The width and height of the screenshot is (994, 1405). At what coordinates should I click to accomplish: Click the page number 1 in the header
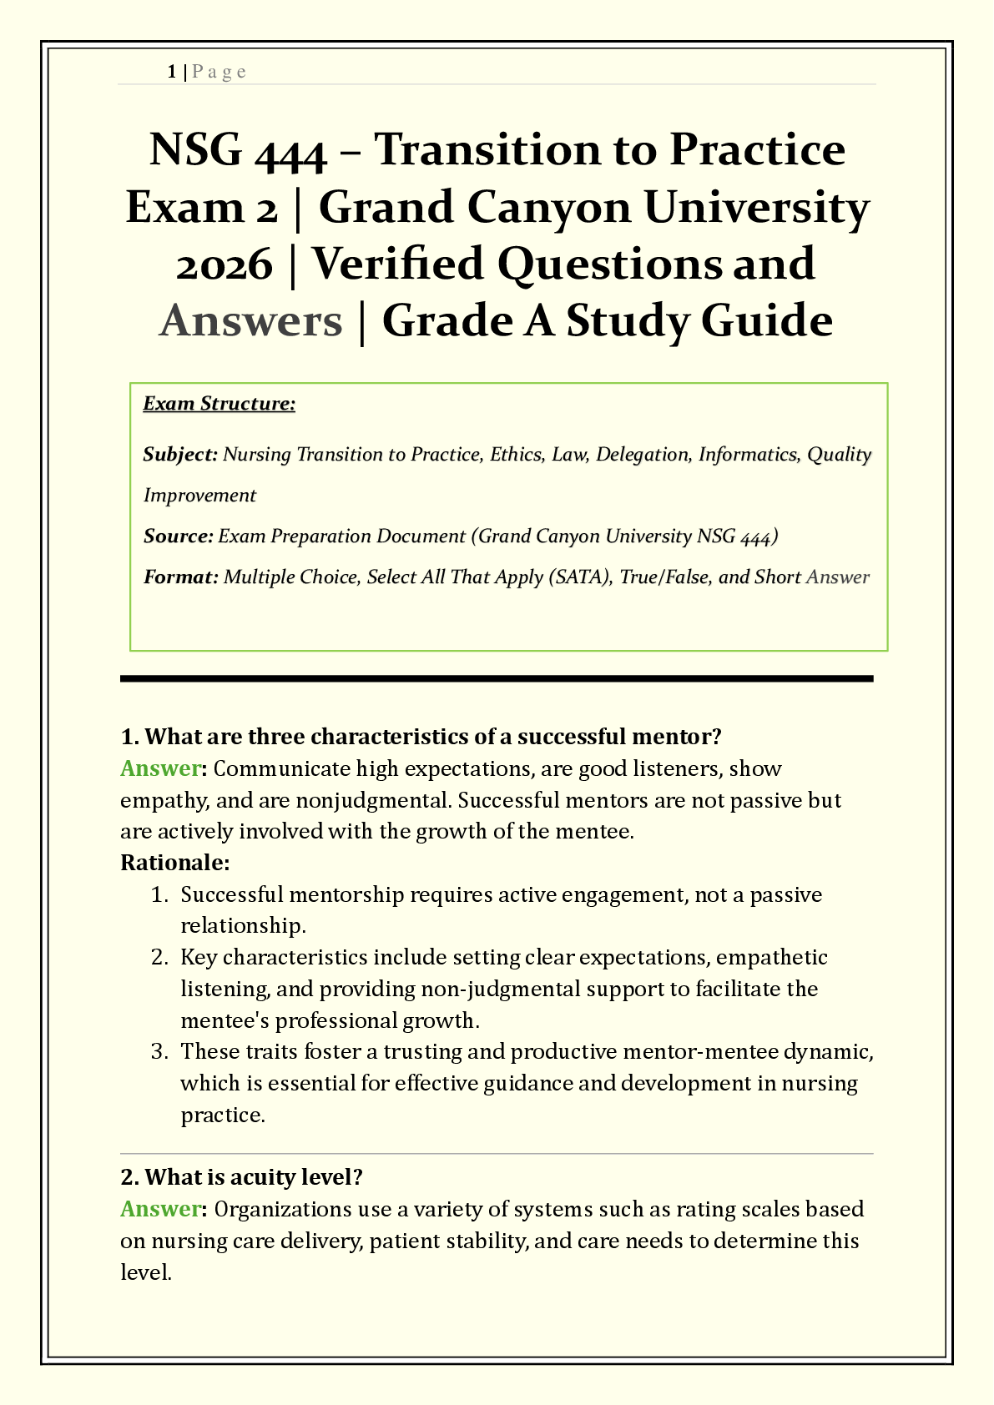[171, 72]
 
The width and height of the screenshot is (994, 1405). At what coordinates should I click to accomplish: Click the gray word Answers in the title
[250, 321]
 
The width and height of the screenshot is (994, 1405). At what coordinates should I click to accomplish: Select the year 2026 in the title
[225, 264]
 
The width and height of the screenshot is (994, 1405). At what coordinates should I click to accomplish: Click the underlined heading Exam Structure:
[219, 404]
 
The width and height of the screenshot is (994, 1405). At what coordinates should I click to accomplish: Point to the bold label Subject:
[180, 455]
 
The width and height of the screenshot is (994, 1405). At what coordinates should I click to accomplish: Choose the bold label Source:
[179, 536]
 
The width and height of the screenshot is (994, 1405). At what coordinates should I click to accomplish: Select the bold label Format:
[180, 577]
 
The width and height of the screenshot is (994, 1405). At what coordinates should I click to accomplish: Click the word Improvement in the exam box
[199, 496]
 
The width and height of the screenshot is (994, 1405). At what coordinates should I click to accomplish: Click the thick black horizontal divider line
[497, 679]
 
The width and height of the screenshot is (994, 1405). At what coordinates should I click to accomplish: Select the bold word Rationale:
[175, 863]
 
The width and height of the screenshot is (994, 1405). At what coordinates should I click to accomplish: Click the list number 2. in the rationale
[160, 957]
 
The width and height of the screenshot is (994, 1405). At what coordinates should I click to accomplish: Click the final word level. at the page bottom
[145, 1272]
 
